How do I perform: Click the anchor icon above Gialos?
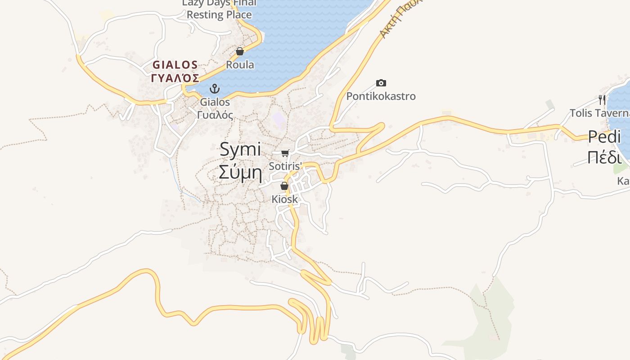(x=215, y=88)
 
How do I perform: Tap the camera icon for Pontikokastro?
(x=381, y=83)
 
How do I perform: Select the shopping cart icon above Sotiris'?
(x=285, y=153)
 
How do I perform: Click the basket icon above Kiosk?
(x=284, y=185)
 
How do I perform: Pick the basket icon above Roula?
(x=240, y=51)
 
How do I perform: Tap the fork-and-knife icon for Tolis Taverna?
(x=600, y=99)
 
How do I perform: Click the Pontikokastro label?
(x=381, y=96)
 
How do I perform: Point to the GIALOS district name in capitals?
(x=175, y=65)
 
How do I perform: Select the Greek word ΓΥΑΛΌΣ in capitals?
(x=175, y=78)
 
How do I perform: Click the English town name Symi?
(x=240, y=149)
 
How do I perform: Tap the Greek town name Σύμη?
(x=240, y=172)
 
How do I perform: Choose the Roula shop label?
(x=240, y=65)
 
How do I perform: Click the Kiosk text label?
(x=284, y=199)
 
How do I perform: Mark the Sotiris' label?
(x=285, y=166)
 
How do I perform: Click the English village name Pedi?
(x=604, y=136)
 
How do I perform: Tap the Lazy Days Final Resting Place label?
(x=219, y=9)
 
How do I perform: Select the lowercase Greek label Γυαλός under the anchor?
(x=215, y=115)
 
